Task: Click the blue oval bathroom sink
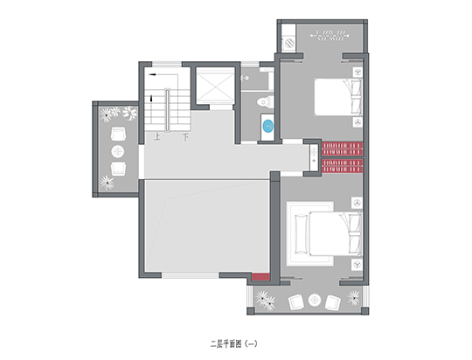click(x=268, y=126)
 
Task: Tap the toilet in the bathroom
click(x=265, y=101)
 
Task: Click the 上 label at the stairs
click(x=156, y=136)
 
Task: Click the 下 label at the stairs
click(x=185, y=137)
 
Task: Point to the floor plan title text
click(x=234, y=343)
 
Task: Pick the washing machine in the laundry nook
click(x=289, y=43)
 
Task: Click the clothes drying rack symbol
click(x=330, y=35)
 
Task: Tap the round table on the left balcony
click(x=118, y=151)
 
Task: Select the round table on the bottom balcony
click(x=315, y=300)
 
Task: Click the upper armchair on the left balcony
click(x=118, y=135)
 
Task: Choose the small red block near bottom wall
click(x=260, y=277)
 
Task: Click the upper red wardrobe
click(x=343, y=149)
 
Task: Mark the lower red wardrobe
click(x=343, y=166)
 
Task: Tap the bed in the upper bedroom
click(x=338, y=97)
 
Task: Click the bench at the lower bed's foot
click(x=302, y=233)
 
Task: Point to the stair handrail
click(x=167, y=109)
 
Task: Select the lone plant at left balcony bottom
click(x=107, y=183)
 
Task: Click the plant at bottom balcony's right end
click(x=353, y=298)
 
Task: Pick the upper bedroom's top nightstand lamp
click(x=357, y=73)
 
